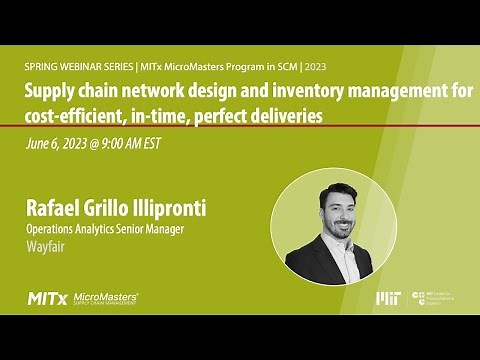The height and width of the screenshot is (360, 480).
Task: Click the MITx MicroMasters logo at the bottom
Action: [x=84, y=298]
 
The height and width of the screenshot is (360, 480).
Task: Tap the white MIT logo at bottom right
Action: [x=388, y=298]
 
